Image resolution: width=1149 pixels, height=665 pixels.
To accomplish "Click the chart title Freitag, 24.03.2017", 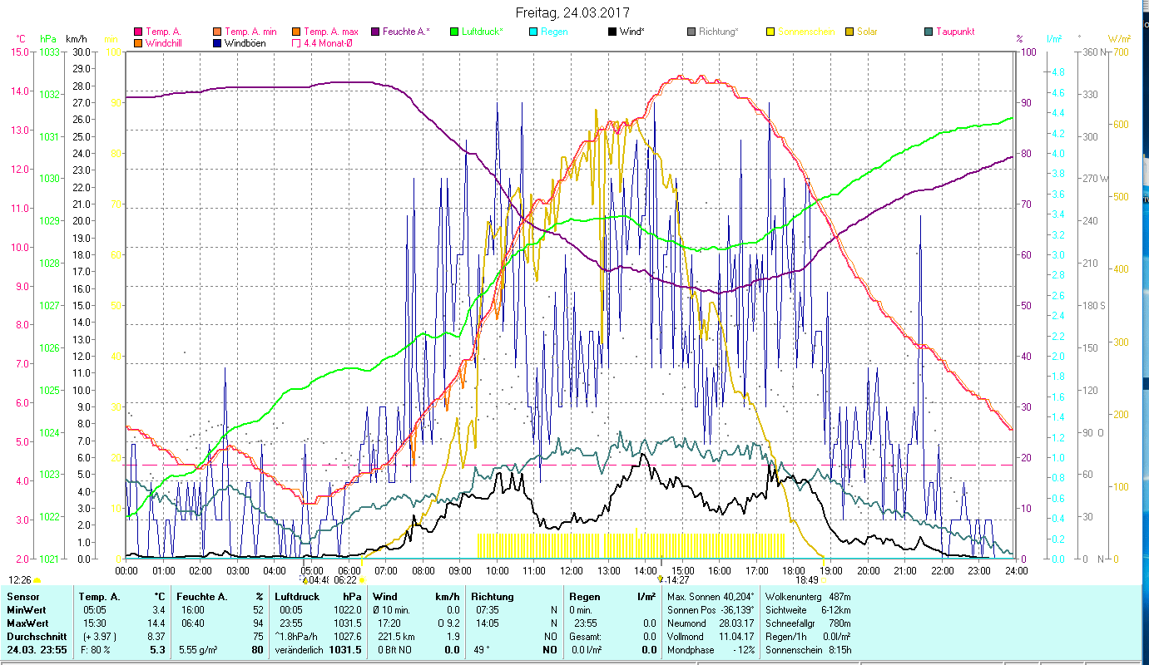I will pyautogui.click(x=572, y=13).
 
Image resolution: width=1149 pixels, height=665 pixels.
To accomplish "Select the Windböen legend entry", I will pyautogui.click(x=245, y=43).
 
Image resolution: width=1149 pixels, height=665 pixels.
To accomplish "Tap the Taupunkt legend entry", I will pyautogui.click(x=954, y=32).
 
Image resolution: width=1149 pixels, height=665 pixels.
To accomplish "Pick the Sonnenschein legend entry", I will pyautogui.click(x=805, y=32).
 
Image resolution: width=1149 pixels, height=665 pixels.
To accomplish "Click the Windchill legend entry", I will pyautogui.click(x=165, y=43).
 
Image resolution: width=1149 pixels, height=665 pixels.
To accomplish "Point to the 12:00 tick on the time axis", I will pyautogui.click(x=572, y=570).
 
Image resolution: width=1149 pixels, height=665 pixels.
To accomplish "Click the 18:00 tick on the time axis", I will pyautogui.click(x=794, y=570).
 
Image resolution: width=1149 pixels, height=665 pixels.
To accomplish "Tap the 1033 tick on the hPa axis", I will pyautogui.click(x=49, y=52).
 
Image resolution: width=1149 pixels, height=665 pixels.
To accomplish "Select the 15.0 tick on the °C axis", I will pyautogui.click(x=19, y=52).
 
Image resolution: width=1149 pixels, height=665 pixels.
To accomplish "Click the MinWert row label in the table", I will pyautogui.click(x=27, y=610).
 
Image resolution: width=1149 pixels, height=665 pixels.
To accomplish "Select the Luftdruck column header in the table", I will pyautogui.click(x=298, y=597).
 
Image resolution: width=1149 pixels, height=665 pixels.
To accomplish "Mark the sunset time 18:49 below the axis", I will pyautogui.click(x=806, y=580).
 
